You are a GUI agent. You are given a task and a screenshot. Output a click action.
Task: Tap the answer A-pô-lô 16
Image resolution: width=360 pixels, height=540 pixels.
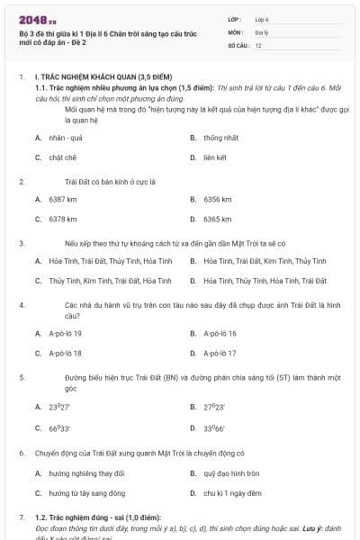coord(220,333)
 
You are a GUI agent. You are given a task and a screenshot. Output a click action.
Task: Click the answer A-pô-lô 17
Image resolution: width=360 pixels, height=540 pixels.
coord(220,353)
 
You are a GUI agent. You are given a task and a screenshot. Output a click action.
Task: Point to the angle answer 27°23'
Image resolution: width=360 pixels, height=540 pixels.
coord(213,407)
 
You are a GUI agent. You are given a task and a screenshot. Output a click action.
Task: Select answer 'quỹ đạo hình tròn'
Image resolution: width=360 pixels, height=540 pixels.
coord(231,473)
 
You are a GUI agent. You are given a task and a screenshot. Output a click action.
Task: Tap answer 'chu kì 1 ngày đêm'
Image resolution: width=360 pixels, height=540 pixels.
coord(232,493)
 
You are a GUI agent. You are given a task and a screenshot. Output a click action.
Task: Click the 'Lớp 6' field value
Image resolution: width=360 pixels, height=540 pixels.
coord(262,18)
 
